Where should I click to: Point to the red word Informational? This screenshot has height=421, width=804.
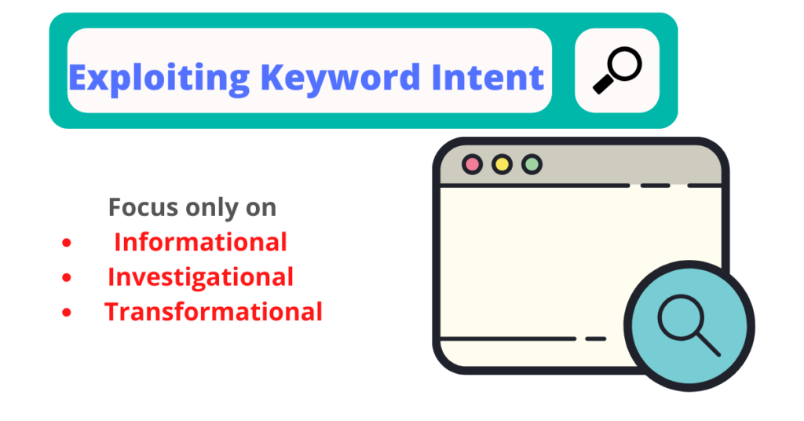(200, 242)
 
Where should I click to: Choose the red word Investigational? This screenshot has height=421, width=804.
(200, 276)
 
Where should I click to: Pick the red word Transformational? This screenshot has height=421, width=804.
(214, 311)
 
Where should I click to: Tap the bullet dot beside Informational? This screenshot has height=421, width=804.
(67, 243)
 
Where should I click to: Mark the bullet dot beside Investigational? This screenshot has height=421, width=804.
(67, 278)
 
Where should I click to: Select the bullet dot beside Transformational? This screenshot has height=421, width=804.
(67, 313)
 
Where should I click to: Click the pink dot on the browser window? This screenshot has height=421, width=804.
(472, 164)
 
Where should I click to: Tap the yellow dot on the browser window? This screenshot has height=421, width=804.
(502, 164)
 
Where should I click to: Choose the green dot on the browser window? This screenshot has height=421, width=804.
(532, 164)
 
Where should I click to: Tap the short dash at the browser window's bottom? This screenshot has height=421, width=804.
(596, 339)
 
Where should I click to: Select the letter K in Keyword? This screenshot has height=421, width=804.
(272, 77)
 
